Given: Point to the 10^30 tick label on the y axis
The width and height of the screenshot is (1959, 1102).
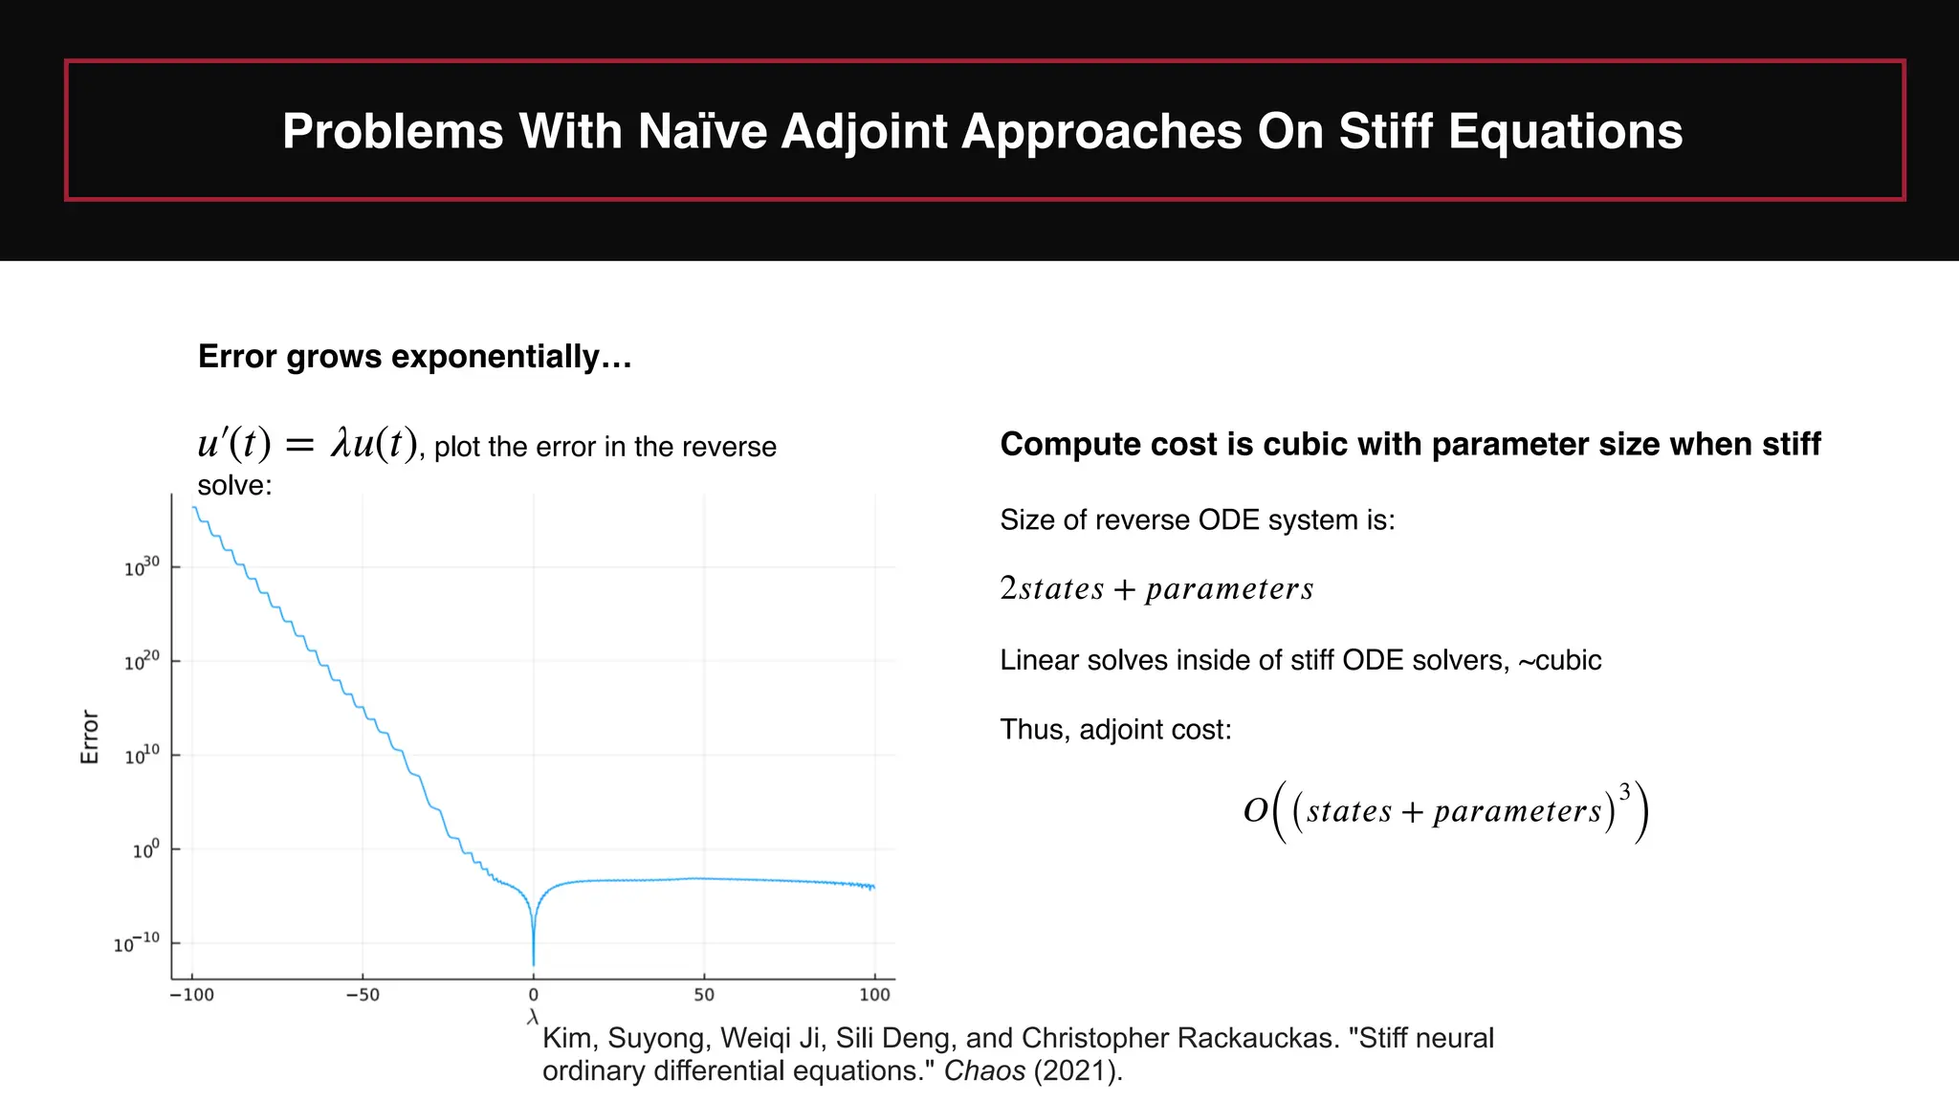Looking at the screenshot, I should (142, 567).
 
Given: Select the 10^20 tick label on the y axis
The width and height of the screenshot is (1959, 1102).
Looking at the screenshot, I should (142, 661).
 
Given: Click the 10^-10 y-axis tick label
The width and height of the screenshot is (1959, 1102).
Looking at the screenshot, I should (136, 943).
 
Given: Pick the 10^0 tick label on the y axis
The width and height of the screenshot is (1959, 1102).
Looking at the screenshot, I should (145, 849).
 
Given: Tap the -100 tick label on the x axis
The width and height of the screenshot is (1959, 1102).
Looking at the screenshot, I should (191, 995).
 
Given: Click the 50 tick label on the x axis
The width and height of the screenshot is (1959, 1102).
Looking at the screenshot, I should (704, 995).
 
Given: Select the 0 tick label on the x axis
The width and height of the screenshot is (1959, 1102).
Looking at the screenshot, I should (533, 995).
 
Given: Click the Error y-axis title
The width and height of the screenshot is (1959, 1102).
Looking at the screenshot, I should (89, 737).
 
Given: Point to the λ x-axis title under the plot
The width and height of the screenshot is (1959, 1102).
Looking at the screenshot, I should (533, 1017).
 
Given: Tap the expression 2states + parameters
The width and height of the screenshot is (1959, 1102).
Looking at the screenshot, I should (1156, 588).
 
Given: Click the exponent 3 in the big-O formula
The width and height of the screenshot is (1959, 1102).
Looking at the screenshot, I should (1624, 792).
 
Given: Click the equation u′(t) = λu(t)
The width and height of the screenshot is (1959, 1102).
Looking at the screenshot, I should (307, 444).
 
